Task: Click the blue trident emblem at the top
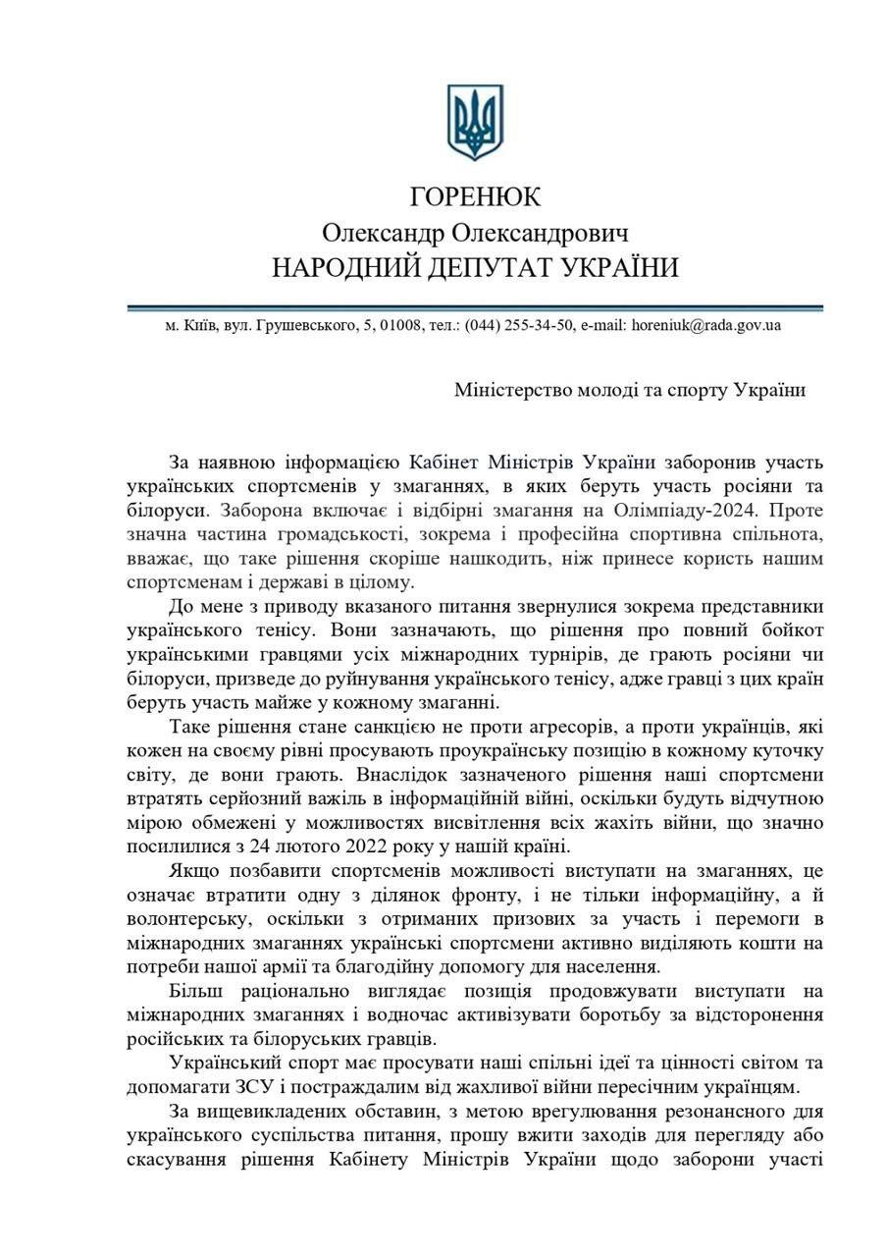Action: click(x=475, y=122)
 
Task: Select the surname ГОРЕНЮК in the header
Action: click(x=475, y=196)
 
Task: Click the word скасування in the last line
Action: click(x=183, y=1160)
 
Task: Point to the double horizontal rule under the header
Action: click(x=475, y=307)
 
